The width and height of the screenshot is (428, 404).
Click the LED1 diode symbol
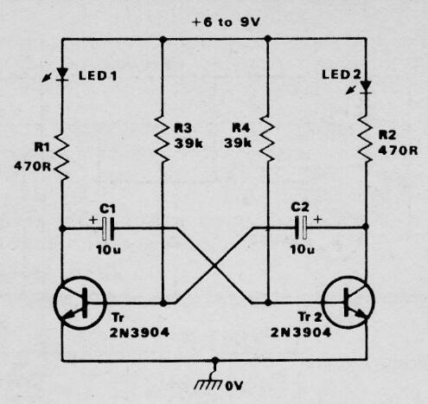63,75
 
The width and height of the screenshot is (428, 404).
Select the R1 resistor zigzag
63,156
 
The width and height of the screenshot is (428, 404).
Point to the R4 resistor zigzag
269,137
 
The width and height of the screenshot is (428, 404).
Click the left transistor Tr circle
79,304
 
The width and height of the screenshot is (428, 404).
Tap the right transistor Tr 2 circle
350,304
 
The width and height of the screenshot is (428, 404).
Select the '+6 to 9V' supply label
227,24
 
